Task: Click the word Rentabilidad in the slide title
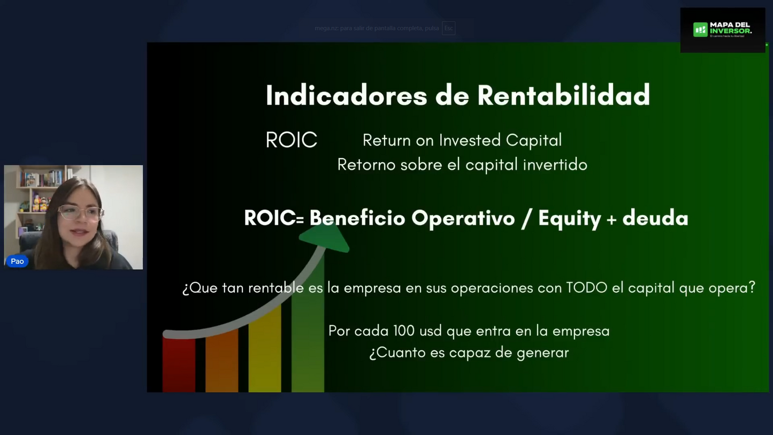563,96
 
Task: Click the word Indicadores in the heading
346,96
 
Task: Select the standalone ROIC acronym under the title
291,140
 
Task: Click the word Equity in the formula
569,218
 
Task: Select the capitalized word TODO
586,288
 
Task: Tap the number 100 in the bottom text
404,331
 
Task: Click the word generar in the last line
542,353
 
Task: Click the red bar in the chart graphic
179,364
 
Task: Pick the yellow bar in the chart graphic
264,350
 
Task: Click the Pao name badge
17,261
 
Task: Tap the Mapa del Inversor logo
722,30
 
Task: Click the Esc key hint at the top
448,28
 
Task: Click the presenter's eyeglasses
80,212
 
